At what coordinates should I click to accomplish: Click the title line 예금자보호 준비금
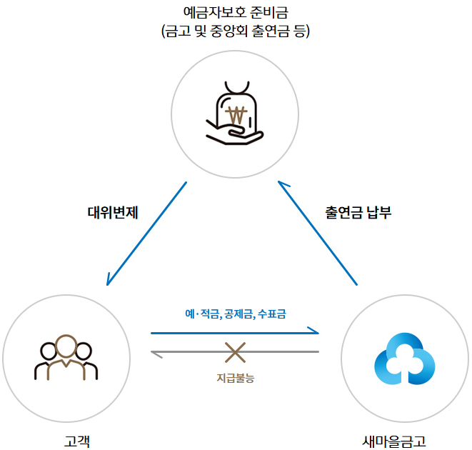pyautogui.click(x=236, y=13)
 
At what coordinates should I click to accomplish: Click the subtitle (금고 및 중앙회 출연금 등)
pyautogui.click(x=236, y=31)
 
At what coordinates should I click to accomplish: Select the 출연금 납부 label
pyautogui.click(x=358, y=212)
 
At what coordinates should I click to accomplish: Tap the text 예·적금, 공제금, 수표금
pyautogui.click(x=235, y=313)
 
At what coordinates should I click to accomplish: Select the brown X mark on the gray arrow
pyautogui.click(x=235, y=351)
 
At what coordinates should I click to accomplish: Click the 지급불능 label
pyautogui.click(x=235, y=377)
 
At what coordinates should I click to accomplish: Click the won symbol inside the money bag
pyautogui.click(x=235, y=113)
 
